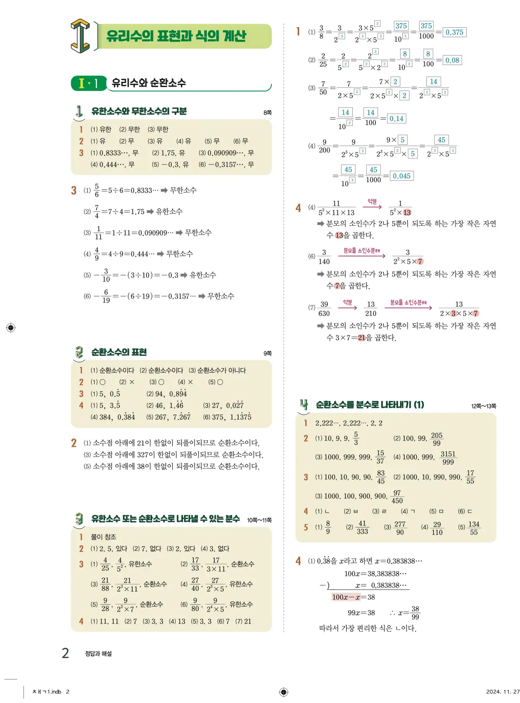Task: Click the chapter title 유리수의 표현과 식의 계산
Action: point(176,36)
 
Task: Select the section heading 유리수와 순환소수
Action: point(149,83)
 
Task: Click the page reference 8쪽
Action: point(267,113)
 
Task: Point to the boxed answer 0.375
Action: point(454,32)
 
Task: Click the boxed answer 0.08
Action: point(452,61)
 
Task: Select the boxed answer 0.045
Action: point(402,176)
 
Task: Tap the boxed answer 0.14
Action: point(396,119)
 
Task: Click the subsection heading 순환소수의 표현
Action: point(119,352)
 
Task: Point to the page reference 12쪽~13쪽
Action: point(484,406)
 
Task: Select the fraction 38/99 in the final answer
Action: point(415,613)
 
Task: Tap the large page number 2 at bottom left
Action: point(65,653)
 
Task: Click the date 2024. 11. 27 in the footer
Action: point(503,691)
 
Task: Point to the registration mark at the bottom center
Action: point(283,692)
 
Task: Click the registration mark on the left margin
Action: point(11,328)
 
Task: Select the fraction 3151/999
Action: point(448,458)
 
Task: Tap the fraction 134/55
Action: point(474,528)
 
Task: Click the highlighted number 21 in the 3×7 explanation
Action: point(361,338)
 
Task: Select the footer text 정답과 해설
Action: point(98,654)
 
